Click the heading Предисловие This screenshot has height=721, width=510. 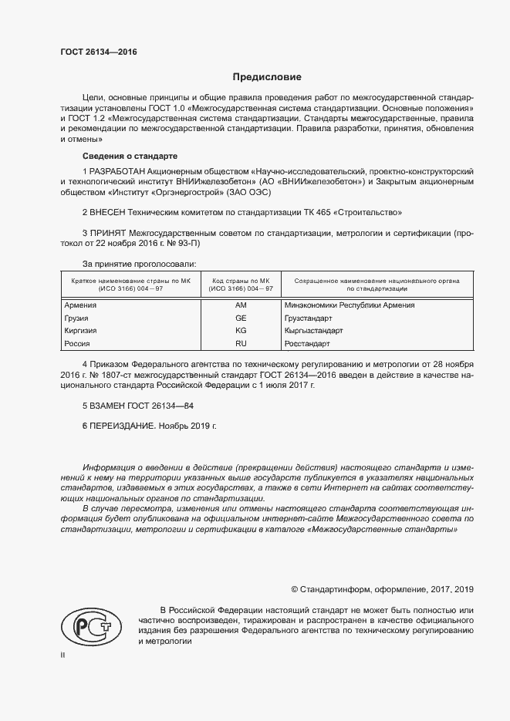(x=268, y=77)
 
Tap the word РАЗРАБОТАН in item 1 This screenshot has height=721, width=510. (x=117, y=169)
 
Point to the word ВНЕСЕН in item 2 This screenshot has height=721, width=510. (x=110, y=211)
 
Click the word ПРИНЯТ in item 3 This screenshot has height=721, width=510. (x=110, y=232)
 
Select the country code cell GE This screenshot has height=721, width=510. (x=240, y=318)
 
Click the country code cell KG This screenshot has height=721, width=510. (x=240, y=330)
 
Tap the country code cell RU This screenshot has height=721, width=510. (x=240, y=343)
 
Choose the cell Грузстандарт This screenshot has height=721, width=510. (x=309, y=318)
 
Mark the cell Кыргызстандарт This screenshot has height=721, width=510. (x=314, y=330)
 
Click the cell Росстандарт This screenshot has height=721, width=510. (x=307, y=343)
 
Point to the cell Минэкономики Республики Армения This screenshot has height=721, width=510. (x=350, y=305)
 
